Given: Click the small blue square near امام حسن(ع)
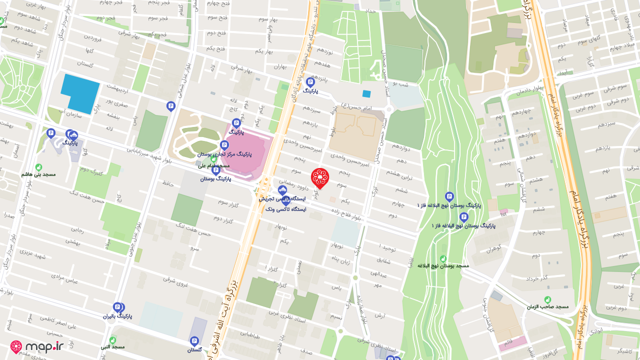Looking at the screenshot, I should (366, 93).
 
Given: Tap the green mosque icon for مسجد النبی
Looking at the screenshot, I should (112, 339).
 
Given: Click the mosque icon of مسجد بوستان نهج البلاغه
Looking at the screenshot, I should (443, 258).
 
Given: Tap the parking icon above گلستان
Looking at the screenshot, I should (194, 341).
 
